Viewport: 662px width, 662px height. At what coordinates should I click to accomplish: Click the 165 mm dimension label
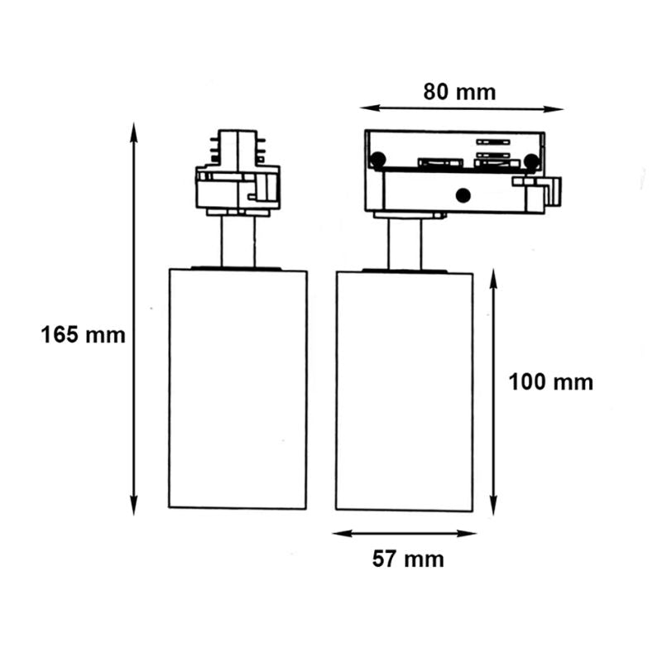point(83,335)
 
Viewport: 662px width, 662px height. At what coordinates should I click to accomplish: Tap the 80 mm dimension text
point(459,91)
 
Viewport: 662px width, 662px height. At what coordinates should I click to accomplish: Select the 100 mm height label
point(550,382)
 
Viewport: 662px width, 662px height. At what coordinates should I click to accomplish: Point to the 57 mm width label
point(407,559)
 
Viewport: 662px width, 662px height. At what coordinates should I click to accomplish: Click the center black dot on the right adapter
point(463,195)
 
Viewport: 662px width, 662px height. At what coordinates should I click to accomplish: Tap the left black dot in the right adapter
point(377,160)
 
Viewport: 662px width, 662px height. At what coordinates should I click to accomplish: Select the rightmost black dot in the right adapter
point(531,161)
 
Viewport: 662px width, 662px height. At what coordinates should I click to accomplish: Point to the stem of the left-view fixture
point(237,242)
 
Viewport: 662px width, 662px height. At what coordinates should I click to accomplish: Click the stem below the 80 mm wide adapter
point(405,243)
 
